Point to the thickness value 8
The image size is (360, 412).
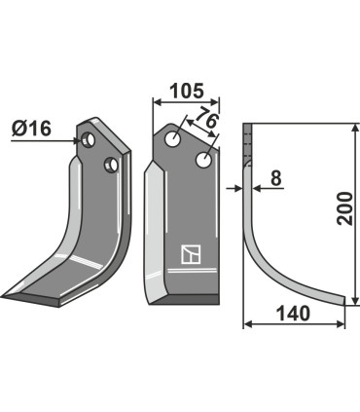coord(275,178)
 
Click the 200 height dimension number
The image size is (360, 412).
coord(343,209)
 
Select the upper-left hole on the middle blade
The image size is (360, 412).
coord(173,140)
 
